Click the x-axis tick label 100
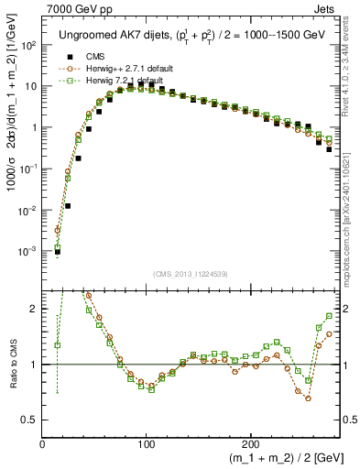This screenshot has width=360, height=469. click(146, 443)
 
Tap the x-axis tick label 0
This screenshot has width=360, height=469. click(43, 443)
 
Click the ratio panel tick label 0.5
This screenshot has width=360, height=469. click(30, 420)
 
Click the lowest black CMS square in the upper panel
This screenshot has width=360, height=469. click(57, 251)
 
